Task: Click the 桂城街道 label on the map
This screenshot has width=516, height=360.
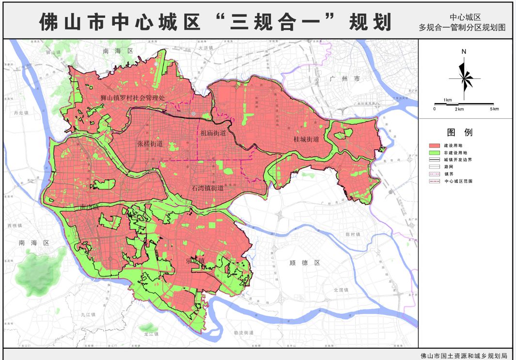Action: click(x=306, y=139)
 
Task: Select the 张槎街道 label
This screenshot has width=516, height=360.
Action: click(x=150, y=143)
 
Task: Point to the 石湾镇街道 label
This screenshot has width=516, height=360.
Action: click(x=207, y=188)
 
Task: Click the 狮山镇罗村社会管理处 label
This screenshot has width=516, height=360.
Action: click(x=133, y=97)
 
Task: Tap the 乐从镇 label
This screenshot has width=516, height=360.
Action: click(x=196, y=261)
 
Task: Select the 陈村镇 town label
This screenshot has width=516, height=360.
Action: click(x=354, y=234)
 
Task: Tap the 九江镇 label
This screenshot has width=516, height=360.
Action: click(x=89, y=314)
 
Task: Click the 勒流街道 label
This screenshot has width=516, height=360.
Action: click(x=244, y=333)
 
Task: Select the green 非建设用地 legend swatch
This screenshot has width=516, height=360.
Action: click(x=435, y=153)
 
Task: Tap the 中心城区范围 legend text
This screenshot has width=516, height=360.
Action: click(x=458, y=181)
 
